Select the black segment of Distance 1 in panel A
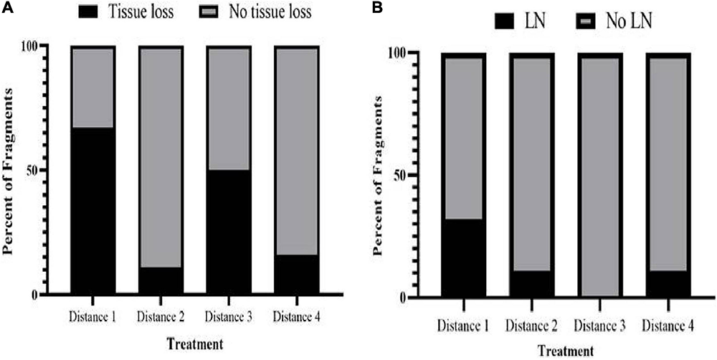coord(92,211)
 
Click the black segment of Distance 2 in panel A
coord(160,280)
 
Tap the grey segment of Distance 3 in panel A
coord(229,109)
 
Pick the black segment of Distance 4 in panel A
coord(297,275)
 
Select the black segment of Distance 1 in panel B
coord(463,258)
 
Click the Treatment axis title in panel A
coord(194,344)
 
